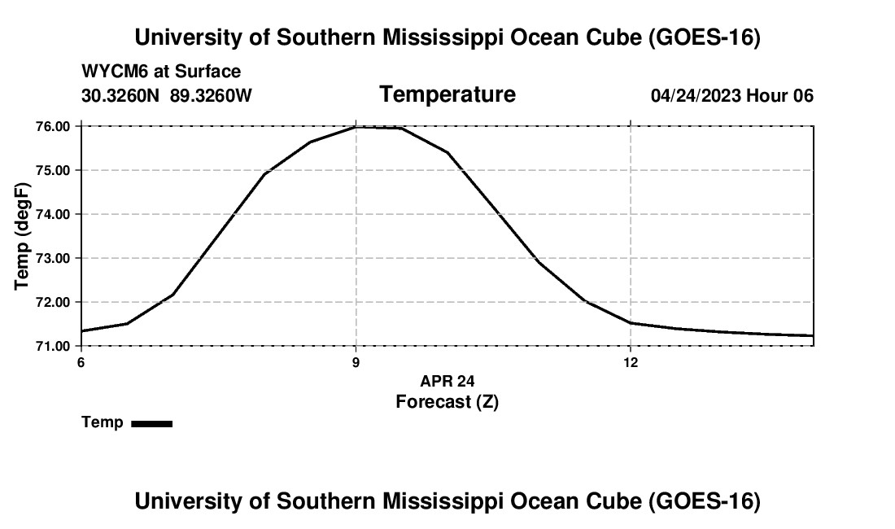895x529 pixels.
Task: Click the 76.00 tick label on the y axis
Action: click(53, 126)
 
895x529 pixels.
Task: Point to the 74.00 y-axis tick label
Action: click(53, 215)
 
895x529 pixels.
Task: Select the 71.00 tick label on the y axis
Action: click(53, 346)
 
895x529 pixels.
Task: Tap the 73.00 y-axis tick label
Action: click(53, 259)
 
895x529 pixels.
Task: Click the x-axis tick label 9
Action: click(356, 363)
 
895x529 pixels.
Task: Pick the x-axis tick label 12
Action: click(631, 363)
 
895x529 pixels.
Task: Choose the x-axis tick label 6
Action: click(81, 363)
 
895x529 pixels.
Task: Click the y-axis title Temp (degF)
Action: click(22, 236)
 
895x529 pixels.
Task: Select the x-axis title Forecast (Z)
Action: click(447, 402)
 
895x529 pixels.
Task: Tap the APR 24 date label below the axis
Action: click(447, 381)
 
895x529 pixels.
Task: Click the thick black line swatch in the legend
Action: click(152, 423)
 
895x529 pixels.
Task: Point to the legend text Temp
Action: click(103, 422)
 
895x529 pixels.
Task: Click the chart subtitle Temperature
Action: click(447, 94)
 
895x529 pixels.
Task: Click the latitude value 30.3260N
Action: click(120, 96)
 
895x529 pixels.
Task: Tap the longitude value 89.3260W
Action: click(211, 96)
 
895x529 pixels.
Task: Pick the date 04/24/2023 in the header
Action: click(696, 96)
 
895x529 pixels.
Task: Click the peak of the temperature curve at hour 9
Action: click(356, 127)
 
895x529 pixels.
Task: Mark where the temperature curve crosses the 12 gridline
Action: click(631, 323)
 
